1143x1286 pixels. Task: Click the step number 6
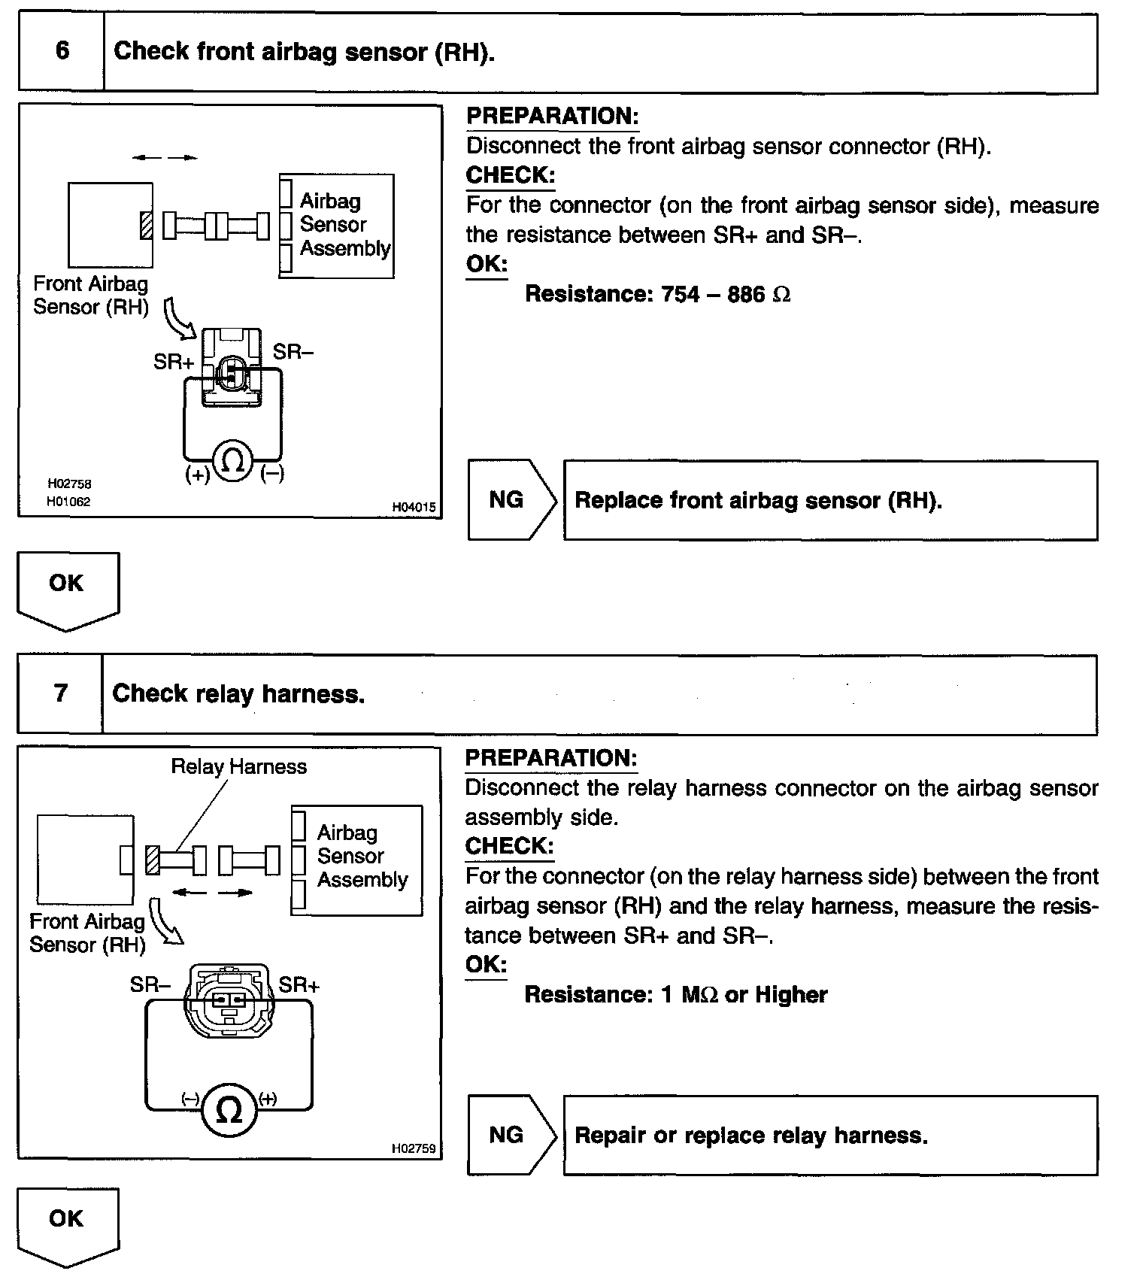pos(62,51)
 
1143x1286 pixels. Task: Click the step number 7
pos(61,693)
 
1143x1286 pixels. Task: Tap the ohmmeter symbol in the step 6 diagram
pos(233,460)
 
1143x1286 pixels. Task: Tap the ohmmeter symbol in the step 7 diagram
pos(229,1109)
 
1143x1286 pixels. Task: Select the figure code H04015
pos(414,507)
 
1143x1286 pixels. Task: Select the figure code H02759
pos(414,1148)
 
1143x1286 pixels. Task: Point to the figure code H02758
pos(68,484)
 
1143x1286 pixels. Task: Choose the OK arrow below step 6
pos(68,588)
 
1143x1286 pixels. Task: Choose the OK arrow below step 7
pos(68,1224)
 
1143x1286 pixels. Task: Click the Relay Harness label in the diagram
pos(239,766)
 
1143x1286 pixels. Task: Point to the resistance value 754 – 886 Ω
pos(725,293)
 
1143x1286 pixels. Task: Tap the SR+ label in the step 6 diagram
pos(174,362)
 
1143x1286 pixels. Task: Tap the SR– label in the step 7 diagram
pos(150,984)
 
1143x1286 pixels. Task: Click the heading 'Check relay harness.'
pos(238,693)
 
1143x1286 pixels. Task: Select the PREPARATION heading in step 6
pos(552,116)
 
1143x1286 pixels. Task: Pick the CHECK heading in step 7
pos(509,846)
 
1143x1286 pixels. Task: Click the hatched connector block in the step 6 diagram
pos(147,226)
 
